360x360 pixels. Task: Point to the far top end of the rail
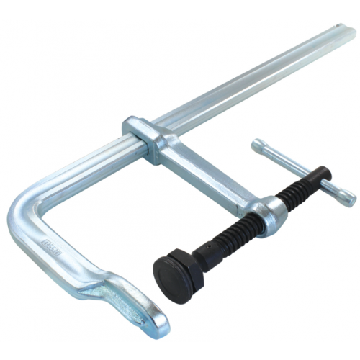[344, 33]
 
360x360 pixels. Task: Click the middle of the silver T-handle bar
[302, 170]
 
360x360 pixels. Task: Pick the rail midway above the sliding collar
[245, 83]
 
